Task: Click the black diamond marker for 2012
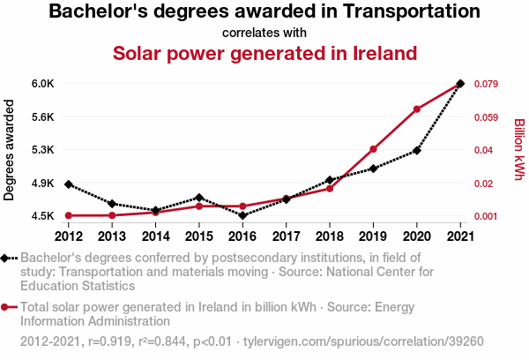click(68, 184)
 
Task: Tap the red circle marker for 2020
click(416, 109)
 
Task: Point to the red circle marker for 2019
click(373, 149)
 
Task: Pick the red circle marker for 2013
click(112, 215)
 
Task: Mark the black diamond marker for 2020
click(416, 151)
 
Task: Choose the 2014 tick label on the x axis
click(155, 236)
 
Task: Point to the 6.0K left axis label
click(42, 84)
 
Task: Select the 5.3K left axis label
click(42, 150)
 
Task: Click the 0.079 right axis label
click(488, 84)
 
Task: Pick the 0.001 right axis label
click(488, 216)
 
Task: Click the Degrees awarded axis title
click(10, 150)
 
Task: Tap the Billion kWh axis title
click(519, 150)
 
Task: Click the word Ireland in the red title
click(374, 53)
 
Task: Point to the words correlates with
click(264, 33)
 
